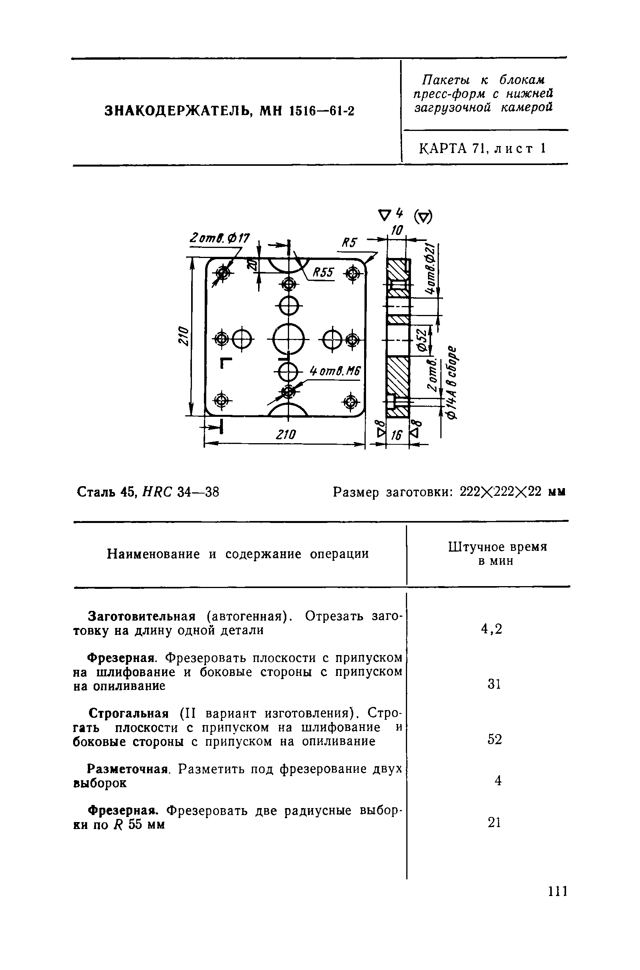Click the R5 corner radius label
(x=349, y=244)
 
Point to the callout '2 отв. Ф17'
(x=220, y=238)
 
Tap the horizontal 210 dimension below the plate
(x=285, y=435)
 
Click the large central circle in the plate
(x=289, y=339)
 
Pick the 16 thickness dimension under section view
(x=397, y=436)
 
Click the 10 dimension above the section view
(x=397, y=231)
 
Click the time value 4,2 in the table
(x=491, y=629)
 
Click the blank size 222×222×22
(x=500, y=492)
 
